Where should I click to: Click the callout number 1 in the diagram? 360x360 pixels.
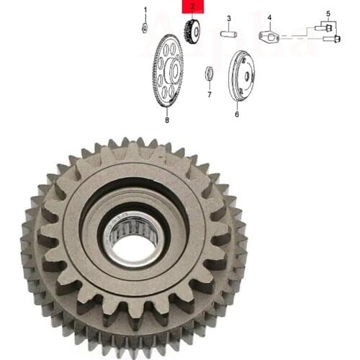coord(145,10)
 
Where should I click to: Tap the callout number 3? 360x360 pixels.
coord(228,18)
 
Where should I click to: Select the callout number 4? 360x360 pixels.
coord(269,17)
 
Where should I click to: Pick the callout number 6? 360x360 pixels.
coord(236,114)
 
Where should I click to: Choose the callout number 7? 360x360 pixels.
coord(209,94)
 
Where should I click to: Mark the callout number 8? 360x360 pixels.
coord(167,120)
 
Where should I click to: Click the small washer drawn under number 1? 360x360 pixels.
coord(145,28)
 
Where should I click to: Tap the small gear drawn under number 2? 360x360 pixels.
coord(192,32)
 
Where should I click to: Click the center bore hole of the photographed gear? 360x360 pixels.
coord(134,246)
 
